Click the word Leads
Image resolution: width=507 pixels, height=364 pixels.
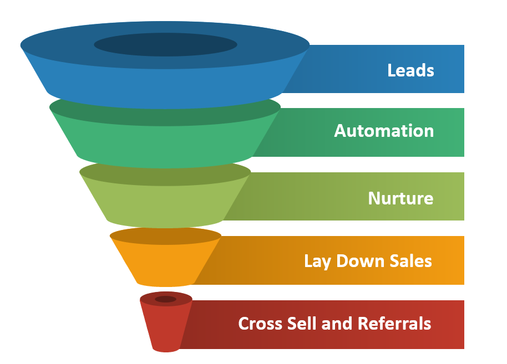tap(410, 70)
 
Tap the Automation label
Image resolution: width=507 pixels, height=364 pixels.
tap(384, 131)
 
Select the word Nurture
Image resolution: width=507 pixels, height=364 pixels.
tap(400, 198)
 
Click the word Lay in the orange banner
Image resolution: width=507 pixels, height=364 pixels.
tap(317, 261)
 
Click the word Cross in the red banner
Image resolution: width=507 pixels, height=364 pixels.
tap(259, 323)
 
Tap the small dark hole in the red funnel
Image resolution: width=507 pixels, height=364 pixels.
tap(165, 299)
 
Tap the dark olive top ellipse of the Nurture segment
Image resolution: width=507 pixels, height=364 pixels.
tap(165, 172)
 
